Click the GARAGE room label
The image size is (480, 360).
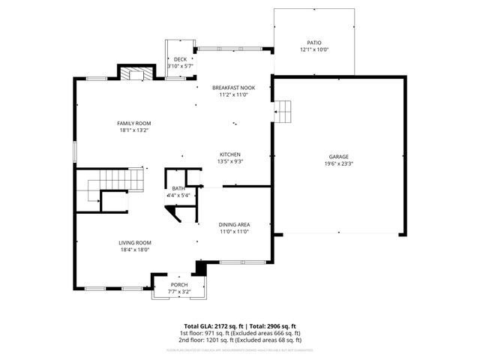(x=337, y=157)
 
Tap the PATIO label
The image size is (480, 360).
(x=314, y=43)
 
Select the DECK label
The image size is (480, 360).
(x=180, y=59)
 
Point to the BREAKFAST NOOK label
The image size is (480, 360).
(x=233, y=87)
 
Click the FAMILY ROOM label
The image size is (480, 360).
(x=133, y=123)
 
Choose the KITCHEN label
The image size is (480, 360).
(x=229, y=154)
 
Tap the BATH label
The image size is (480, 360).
(x=178, y=188)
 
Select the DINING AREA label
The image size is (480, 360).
(x=233, y=224)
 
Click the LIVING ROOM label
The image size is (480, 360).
(x=135, y=242)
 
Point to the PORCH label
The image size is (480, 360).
(x=179, y=285)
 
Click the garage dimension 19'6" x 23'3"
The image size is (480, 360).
(x=337, y=163)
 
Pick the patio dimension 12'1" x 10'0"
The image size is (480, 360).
(x=314, y=49)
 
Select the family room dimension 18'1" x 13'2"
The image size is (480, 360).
(x=133, y=130)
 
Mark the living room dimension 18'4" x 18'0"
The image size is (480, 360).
(x=135, y=249)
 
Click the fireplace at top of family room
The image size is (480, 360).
(x=134, y=73)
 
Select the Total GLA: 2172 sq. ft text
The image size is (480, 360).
(x=212, y=326)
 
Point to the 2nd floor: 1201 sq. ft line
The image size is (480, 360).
(x=239, y=340)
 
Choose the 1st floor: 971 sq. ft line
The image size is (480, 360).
(x=239, y=333)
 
